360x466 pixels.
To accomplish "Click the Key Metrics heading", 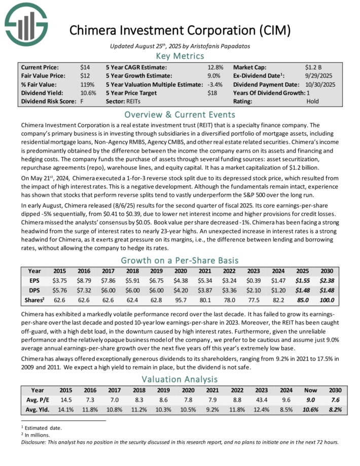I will click(x=179, y=56).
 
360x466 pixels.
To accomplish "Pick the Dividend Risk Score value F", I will click(x=82, y=101).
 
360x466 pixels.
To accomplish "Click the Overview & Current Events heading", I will click(x=179, y=114).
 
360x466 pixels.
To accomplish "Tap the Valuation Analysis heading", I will click(x=179, y=379).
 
